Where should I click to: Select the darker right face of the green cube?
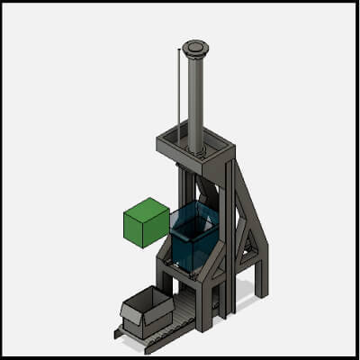pos(160,229)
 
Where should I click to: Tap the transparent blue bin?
pos(193,238)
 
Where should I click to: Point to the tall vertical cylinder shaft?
pos(194,99)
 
